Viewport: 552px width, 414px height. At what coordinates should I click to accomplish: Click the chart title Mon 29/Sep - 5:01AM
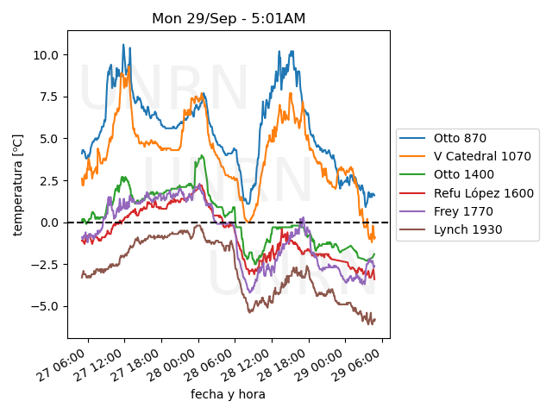tap(229, 18)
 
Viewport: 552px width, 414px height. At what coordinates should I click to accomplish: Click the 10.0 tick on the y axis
tap(45, 54)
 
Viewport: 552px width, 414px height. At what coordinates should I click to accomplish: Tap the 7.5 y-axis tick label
tap(48, 97)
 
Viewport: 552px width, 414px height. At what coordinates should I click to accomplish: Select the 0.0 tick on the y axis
tap(48, 223)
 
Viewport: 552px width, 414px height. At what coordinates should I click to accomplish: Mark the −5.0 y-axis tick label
tap(45, 306)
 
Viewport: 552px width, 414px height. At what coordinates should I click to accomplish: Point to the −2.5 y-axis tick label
tap(45, 264)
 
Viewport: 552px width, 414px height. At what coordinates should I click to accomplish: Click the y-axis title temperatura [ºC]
tap(17, 185)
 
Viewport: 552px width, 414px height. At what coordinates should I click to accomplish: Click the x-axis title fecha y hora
tap(228, 394)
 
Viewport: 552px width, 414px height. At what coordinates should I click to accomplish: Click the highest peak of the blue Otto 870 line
tap(123, 45)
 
